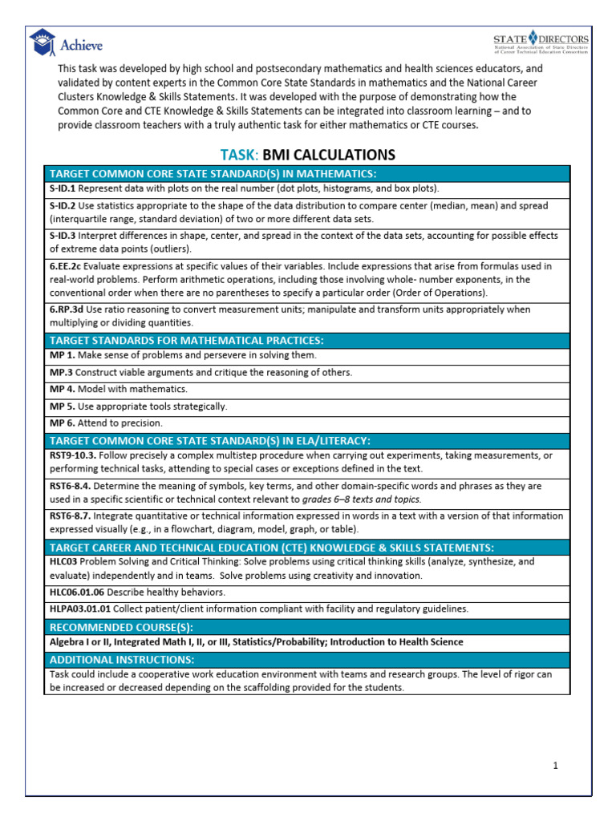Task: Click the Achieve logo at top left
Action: coord(66,45)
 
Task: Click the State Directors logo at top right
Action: coord(541,45)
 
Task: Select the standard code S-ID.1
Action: coord(63,189)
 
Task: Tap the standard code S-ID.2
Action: coord(63,206)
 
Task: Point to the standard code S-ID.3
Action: coord(63,236)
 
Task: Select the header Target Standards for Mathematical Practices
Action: coord(187,340)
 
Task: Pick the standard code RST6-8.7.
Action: coord(71,516)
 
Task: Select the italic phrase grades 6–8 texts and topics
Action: coord(361,499)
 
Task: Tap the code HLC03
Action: coord(63,562)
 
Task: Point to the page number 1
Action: coord(555,766)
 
